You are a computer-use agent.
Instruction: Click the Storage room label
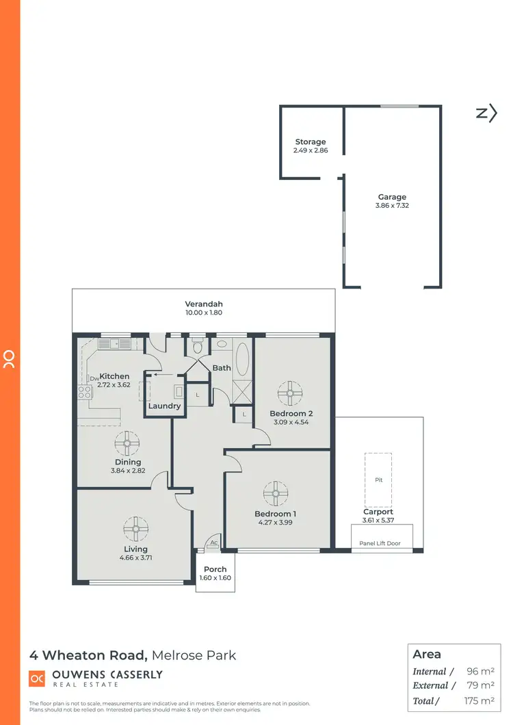tap(311, 142)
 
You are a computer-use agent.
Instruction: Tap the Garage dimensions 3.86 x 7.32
tap(392, 205)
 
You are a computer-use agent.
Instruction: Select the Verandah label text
tap(204, 304)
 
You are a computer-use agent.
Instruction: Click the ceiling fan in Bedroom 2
tap(290, 393)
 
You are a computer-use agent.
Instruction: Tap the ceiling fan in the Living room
tap(135, 528)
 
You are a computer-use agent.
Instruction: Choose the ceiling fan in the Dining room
tap(127, 443)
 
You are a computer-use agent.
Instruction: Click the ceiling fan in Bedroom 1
tap(276, 492)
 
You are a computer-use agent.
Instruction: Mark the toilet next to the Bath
tap(198, 346)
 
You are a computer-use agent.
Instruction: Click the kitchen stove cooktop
tap(85, 392)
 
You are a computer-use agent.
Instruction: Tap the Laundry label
tap(164, 406)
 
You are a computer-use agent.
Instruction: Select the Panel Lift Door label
tap(380, 544)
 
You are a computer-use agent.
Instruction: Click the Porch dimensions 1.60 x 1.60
tap(214, 578)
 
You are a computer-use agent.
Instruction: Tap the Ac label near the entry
tap(214, 542)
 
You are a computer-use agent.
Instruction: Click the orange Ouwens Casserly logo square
tap(36, 678)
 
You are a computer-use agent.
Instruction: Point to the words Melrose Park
tap(194, 655)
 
